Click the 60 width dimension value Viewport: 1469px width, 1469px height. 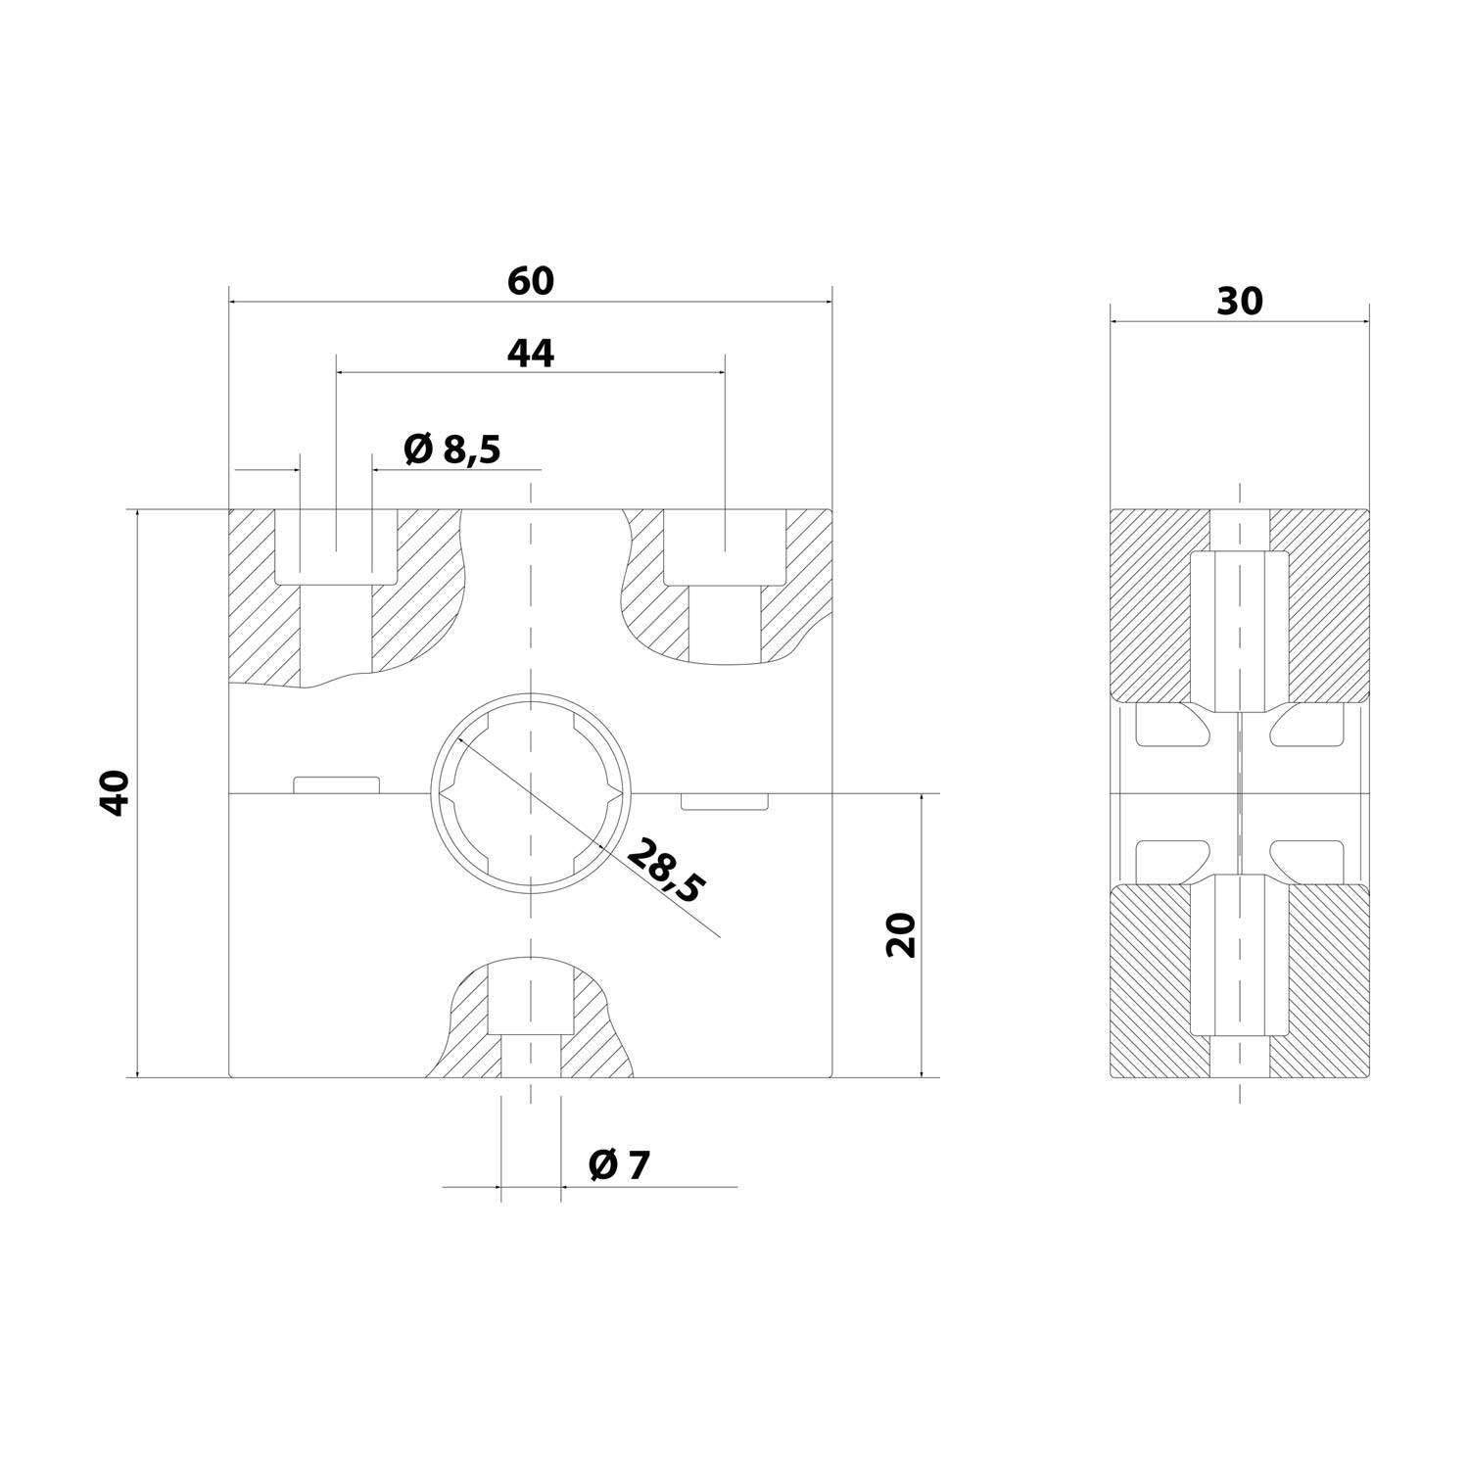(530, 282)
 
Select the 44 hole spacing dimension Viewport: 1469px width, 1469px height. (530, 354)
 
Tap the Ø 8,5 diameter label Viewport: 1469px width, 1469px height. (451, 450)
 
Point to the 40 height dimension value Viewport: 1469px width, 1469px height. (116, 793)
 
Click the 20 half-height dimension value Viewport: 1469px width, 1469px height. (900, 934)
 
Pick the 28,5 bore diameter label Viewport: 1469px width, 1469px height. (665, 871)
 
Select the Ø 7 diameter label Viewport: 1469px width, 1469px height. (619, 1165)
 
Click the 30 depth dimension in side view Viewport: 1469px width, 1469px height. (1239, 303)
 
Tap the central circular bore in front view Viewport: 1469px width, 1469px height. (530, 793)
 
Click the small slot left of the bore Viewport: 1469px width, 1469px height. (336, 784)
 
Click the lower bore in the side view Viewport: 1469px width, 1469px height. (1239, 955)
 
